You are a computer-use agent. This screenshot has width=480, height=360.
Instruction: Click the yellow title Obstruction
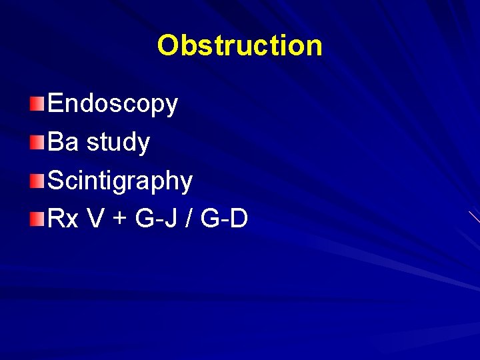[240, 46]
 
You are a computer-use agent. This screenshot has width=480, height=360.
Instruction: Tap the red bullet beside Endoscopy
[38, 103]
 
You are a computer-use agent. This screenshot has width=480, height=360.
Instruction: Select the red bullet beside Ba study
[38, 142]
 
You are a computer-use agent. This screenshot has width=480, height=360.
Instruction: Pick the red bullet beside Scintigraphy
[38, 180]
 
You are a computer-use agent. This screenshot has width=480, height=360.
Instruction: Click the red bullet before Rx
[38, 219]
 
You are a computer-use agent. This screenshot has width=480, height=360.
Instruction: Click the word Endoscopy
[113, 104]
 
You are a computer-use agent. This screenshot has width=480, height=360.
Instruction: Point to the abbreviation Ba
[63, 142]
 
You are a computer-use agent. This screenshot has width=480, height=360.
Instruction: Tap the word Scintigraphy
[120, 181]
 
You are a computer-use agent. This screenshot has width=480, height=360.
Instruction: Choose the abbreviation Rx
[63, 219]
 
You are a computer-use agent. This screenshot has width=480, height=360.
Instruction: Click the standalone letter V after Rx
[95, 219]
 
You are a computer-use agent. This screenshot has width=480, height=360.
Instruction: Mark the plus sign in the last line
[119, 220]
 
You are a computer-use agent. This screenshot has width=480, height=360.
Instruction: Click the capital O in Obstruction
[168, 46]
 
